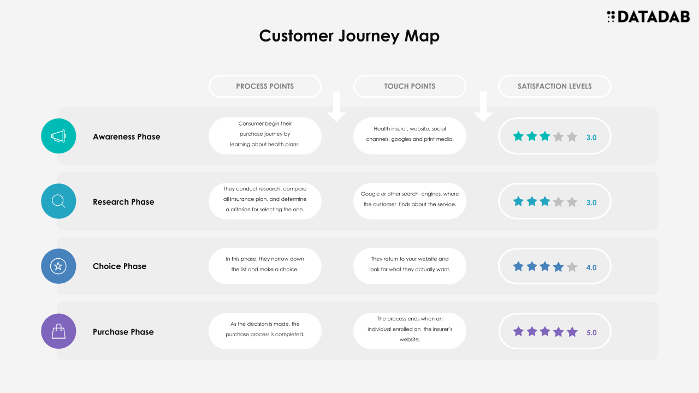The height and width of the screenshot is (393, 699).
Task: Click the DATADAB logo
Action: [x=648, y=16]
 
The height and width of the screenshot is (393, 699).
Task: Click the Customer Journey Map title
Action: [x=349, y=36]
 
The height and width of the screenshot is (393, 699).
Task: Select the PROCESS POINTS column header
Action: [x=265, y=86]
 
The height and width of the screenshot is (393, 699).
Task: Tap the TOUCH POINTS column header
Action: [x=410, y=86]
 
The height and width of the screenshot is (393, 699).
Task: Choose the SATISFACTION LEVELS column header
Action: [x=554, y=86]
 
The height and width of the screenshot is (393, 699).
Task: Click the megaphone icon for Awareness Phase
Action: [x=58, y=136]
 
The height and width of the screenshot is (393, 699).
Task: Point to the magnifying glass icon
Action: [x=58, y=201]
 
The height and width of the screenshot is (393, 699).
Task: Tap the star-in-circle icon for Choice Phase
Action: [x=58, y=266]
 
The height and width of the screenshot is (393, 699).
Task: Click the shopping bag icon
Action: [x=58, y=331]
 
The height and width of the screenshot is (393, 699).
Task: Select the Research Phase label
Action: [x=123, y=202]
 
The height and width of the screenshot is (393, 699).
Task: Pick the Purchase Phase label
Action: [x=123, y=332]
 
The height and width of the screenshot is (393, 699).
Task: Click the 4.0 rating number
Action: [x=591, y=267]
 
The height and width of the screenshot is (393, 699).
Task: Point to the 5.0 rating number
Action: [x=591, y=333]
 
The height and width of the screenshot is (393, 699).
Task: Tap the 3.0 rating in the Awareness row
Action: [x=591, y=138]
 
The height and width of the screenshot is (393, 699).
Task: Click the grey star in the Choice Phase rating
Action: [x=572, y=267]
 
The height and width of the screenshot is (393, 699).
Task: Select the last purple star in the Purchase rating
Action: [x=572, y=332]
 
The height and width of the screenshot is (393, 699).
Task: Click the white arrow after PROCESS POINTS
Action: [x=336, y=106]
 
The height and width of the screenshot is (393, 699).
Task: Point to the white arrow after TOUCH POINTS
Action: [x=483, y=106]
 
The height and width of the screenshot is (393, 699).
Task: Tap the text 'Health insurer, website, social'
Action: [x=410, y=129]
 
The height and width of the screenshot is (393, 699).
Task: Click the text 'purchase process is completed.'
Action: [x=265, y=335]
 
